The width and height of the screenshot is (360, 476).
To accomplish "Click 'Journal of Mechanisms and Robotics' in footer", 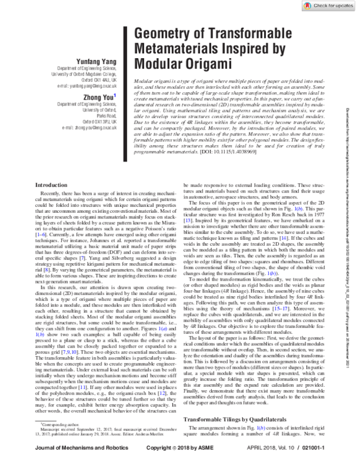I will (75, 465).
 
